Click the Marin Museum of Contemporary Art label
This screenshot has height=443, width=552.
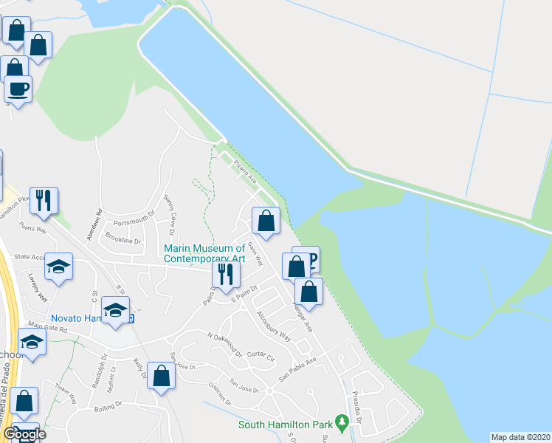(204, 254)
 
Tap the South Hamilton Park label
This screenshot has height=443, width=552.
(286, 425)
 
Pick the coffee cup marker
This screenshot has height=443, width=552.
(18, 90)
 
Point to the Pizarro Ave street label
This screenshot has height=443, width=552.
(244, 170)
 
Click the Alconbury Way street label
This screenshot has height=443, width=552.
(273, 324)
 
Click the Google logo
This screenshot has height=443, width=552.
(24, 434)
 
